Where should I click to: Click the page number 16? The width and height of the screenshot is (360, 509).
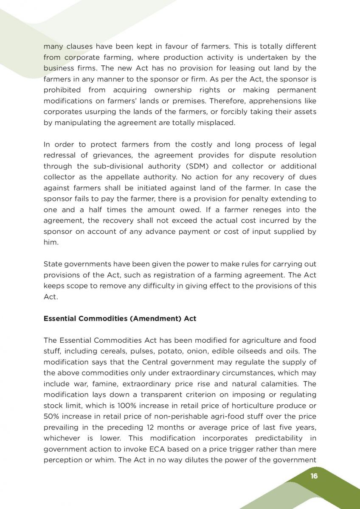[314, 476]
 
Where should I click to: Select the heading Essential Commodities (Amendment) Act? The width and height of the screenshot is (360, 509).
[120, 318]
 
